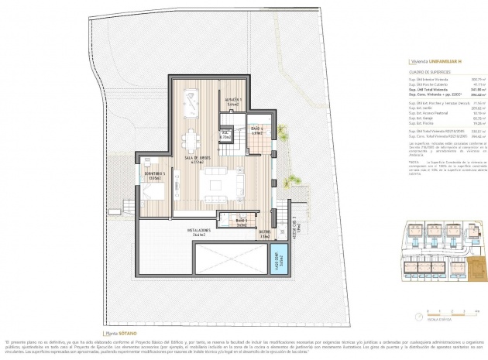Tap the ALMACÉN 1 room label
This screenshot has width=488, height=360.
pos(234,101)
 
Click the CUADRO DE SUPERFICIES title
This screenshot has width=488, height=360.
pos(428,71)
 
